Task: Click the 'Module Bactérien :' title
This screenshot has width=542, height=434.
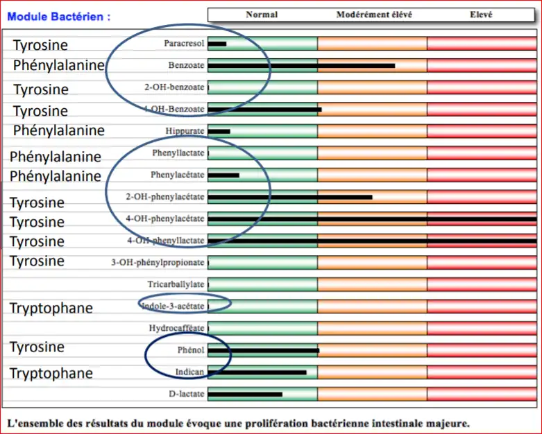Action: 58,17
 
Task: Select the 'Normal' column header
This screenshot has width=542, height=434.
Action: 262,15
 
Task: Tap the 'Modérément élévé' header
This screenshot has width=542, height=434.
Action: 371,15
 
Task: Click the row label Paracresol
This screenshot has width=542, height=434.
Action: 184,44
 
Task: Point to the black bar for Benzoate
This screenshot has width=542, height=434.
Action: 301,66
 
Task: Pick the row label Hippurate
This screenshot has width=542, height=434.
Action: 185,131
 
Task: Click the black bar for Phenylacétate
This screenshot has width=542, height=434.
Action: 223,175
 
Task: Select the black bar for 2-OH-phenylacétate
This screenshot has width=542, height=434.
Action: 290,197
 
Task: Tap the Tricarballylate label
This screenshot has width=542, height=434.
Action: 176,284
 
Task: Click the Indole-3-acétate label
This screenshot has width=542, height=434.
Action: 173,306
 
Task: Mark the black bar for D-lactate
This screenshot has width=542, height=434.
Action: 245,394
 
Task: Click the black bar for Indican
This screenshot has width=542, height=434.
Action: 257,372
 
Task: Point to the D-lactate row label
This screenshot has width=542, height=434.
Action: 186,394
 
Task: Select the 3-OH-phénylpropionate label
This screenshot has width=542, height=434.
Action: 158,263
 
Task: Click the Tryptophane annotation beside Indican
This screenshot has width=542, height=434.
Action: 51,374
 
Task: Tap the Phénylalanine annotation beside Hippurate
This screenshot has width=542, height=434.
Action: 58,130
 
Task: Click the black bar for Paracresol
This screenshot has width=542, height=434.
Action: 217,44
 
